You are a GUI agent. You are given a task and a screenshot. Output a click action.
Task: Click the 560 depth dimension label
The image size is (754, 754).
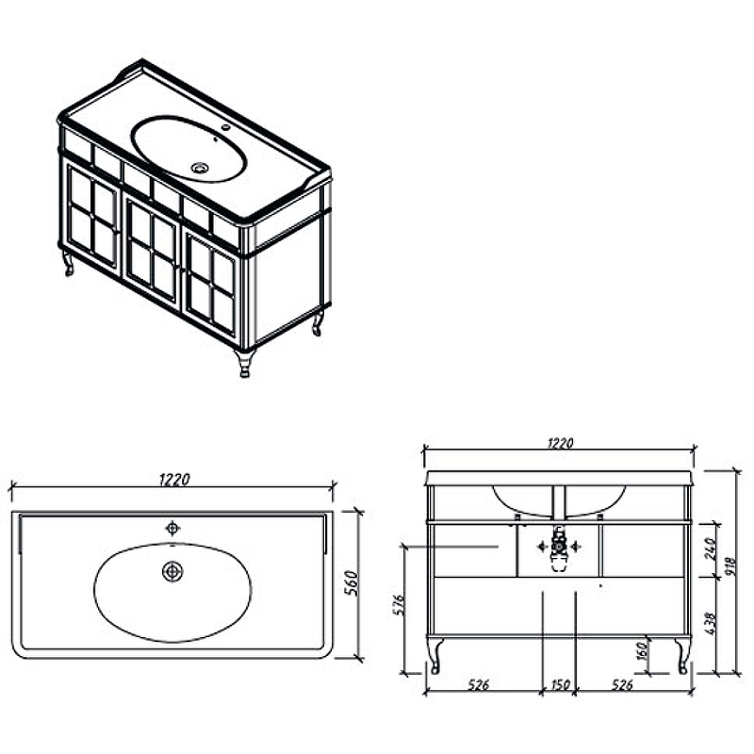(352, 583)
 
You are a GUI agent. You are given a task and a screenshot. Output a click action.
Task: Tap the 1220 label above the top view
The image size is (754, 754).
(174, 479)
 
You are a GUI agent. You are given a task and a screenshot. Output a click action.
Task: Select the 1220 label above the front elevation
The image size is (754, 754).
(561, 443)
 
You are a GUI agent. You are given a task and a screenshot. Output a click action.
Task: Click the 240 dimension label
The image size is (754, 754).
(711, 549)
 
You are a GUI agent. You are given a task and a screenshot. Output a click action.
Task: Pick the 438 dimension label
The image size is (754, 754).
(711, 623)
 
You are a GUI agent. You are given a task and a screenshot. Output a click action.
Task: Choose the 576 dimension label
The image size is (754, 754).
(399, 605)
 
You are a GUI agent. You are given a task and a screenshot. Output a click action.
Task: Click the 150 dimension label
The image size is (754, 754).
(559, 684)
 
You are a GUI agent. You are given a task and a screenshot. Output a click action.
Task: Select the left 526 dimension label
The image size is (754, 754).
(479, 684)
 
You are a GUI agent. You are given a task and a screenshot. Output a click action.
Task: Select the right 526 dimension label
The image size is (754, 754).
(622, 684)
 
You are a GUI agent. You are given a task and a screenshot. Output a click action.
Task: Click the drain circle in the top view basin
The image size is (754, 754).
(172, 571)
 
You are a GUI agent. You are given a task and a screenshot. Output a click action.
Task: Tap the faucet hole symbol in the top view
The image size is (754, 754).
(172, 528)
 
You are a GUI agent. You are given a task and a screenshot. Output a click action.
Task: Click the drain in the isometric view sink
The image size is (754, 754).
(200, 168)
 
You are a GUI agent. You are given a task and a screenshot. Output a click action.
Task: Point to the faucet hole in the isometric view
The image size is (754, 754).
(224, 128)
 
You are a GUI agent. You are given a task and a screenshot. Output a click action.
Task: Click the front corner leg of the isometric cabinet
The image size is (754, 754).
(245, 363)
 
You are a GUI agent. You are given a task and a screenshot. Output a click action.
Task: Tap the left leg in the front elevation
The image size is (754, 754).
(434, 655)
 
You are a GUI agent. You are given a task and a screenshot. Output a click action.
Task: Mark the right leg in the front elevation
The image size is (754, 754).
(682, 656)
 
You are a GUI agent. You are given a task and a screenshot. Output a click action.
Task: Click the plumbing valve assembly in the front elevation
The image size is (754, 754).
(559, 549)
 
